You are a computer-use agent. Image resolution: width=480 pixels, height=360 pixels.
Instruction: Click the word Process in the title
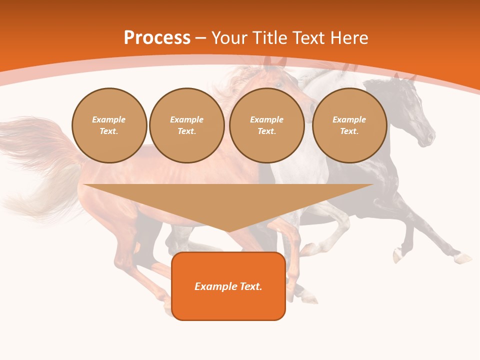click(x=157, y=38)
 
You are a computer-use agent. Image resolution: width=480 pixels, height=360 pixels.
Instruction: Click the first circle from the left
click(x=109, y=125)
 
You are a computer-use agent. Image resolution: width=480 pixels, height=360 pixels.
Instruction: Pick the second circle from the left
click(x=186, y=125)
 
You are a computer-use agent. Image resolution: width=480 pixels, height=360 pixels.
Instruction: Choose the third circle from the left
click(x=266, y=125)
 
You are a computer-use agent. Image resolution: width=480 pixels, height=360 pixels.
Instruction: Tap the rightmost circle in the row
click(x=349, y=125)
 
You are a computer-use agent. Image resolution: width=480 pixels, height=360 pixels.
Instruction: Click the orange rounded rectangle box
click(x=228, y=286)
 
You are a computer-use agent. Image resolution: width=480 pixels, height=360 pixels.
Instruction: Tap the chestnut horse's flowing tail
click(x=35, y=165)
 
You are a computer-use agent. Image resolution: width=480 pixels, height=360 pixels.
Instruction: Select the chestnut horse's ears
click(x=275, y=62)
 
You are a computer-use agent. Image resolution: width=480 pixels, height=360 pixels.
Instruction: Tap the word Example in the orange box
click(x=211, y=286)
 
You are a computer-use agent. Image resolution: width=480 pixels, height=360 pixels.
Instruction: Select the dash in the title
click(x=201, y=38)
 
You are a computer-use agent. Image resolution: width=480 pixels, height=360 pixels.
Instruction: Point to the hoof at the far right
click(x=464, y=259)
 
